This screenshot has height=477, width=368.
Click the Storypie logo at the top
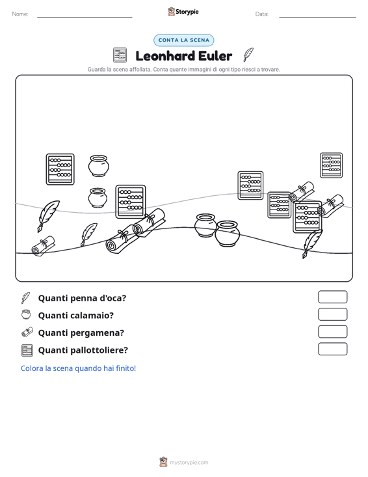pos(183,12)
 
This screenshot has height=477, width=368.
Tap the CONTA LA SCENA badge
pos(183,40)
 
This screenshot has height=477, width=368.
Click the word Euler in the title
pos(215,56)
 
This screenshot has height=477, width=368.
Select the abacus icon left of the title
pos(120,55)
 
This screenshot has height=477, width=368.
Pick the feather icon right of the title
pos(248,55)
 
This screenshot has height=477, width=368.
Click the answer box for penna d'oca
pos(332,297)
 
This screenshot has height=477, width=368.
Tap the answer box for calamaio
pos(332,314)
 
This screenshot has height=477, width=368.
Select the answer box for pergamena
pos(332,332)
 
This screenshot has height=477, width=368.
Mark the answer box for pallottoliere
pos(332,349)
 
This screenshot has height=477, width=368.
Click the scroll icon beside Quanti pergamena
pos(27,332)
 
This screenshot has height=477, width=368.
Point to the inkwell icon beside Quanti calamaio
pos(26,314)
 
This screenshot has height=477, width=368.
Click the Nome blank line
pos(85,17)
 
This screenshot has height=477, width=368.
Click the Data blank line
pos(317,17)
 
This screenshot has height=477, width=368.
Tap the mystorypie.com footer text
pos(189,463)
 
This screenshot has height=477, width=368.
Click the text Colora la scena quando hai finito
pos(78,368)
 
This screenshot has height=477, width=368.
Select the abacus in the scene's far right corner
pos(331,165)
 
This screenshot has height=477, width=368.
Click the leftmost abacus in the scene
pos(60,169)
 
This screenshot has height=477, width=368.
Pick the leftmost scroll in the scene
pos(43,246)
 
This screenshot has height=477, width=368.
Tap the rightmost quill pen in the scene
pos(312,243)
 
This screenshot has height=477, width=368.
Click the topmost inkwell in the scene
pos(98,166)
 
